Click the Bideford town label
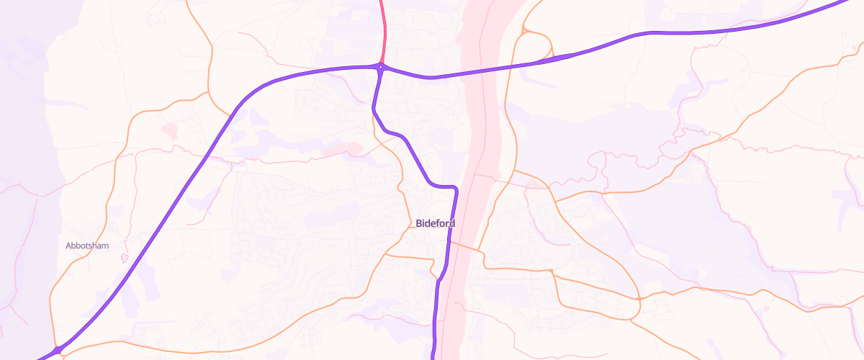(x=436, y=223)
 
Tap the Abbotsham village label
(x=87, y=246)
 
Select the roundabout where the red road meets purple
(x=381, y=67)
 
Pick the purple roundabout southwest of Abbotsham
(x=58, y=350)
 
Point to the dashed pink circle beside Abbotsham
(x=124, y=258)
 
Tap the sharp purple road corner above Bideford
(x=456, y=188)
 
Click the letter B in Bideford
(x=419, y=223)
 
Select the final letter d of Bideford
(x=452, y=223)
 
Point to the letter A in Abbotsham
(x=68, y=246)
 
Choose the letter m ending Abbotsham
(x=105, y=246)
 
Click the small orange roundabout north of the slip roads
(x=526, y=30)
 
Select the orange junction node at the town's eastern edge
(x=639, y=298)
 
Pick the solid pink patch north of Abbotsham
(x=170, y=130)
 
